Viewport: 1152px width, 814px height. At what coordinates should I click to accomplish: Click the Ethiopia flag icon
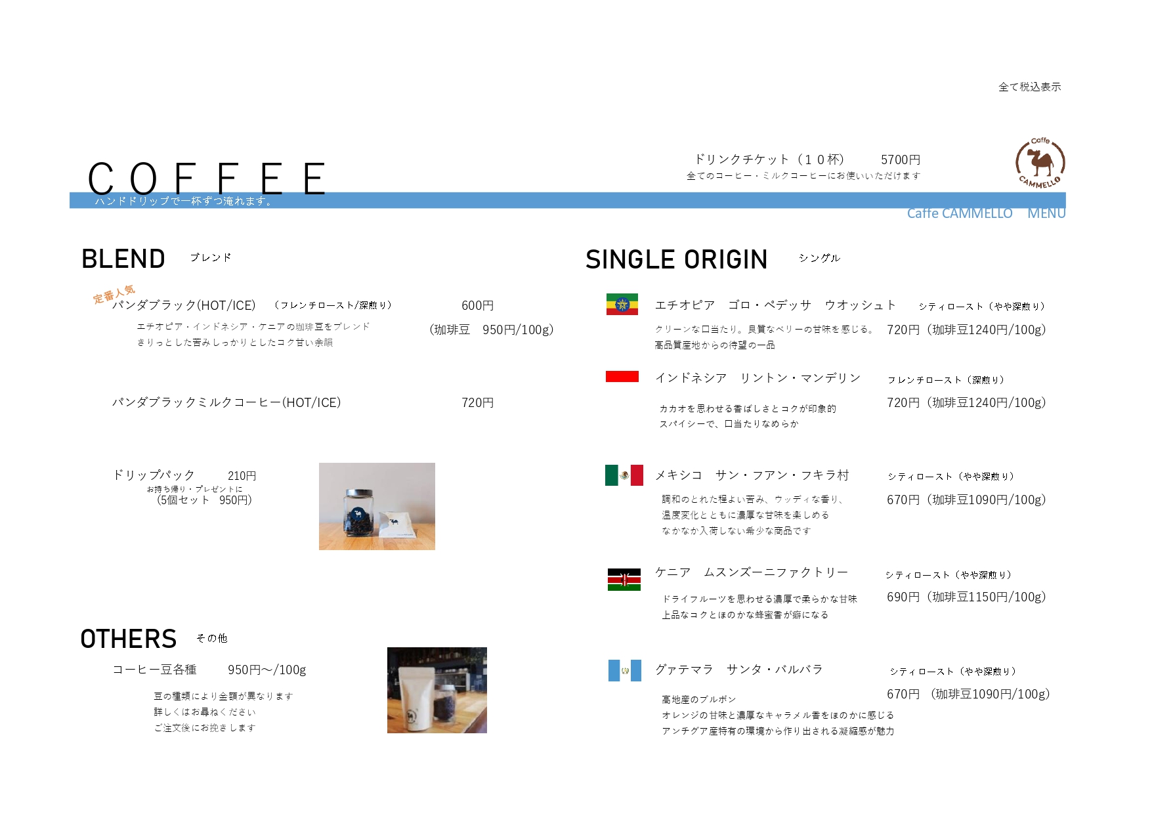coord(622,305)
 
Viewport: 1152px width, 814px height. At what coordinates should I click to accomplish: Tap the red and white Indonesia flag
coord(622,376)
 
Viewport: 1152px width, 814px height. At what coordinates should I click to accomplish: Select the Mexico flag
coord(624,475)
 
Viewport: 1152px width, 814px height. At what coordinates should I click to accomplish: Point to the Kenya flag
coord(624,580)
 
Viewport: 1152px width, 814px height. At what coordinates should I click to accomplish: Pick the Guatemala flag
coord(624,670)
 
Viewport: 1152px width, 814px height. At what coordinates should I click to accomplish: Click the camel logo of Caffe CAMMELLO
coord(1040,163)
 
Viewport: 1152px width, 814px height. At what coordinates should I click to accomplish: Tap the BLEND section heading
coord(123,259)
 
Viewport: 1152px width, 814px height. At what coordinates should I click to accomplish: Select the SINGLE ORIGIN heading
coord(676,259)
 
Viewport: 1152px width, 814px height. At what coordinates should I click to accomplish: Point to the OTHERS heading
coord(129,639)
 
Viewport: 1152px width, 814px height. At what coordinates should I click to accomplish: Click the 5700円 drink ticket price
coord(900,160)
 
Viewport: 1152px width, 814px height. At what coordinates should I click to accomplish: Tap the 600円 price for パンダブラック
coord(477,305)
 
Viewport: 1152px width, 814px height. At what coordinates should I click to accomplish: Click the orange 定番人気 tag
coord(114,294)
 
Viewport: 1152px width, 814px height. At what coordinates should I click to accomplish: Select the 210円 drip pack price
coord(242,475)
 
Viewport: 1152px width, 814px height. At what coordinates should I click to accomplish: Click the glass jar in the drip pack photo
coord(358,513)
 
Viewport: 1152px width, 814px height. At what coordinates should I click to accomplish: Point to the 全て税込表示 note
coord(1029,87)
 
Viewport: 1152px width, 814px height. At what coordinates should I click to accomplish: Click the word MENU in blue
coord(1046,213)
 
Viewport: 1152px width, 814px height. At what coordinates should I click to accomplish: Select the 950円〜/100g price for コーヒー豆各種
coord(267,670)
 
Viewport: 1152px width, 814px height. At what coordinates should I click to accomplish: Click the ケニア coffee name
coord(673,572)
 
